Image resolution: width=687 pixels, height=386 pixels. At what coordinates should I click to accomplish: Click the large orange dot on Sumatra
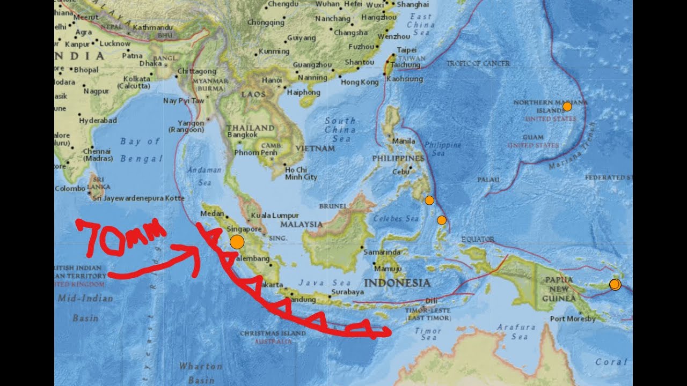click(237, 242)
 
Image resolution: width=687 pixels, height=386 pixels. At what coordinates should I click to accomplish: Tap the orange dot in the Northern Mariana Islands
click(567, 107)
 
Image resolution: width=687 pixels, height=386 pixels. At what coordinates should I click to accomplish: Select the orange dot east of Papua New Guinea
click(615, 285)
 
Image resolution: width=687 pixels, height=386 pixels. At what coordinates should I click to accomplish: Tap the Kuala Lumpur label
click(274, 216)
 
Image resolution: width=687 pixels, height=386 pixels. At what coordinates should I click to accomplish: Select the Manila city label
click(404, 142)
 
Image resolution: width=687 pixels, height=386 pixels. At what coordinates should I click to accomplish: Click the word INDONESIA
click(397, 283)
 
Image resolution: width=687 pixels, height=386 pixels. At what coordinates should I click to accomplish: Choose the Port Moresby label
click(573, 319)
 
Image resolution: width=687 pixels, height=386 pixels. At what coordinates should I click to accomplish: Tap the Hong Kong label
click(360, 82)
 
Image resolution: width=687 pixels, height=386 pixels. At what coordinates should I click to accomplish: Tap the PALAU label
click(488, 180)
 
